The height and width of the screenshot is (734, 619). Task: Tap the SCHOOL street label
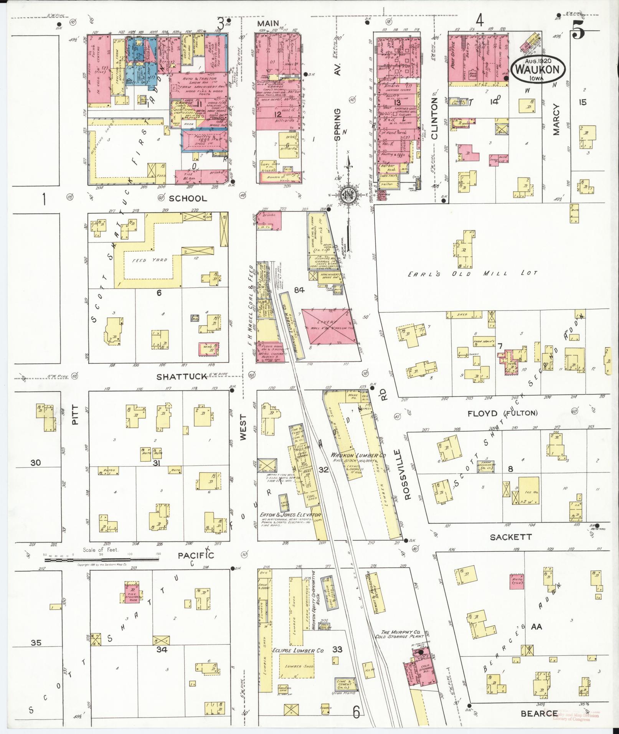(188, 198)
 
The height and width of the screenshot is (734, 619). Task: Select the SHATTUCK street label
(182, 377)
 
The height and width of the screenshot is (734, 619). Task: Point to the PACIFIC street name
(196, 555)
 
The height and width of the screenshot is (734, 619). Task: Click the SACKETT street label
(510, 538)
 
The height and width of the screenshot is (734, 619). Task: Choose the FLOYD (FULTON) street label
(502, 413)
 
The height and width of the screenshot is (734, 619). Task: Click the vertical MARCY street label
(556, 120)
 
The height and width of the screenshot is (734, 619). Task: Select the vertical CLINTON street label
(434, 118)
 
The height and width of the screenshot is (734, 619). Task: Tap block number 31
(157, 463)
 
